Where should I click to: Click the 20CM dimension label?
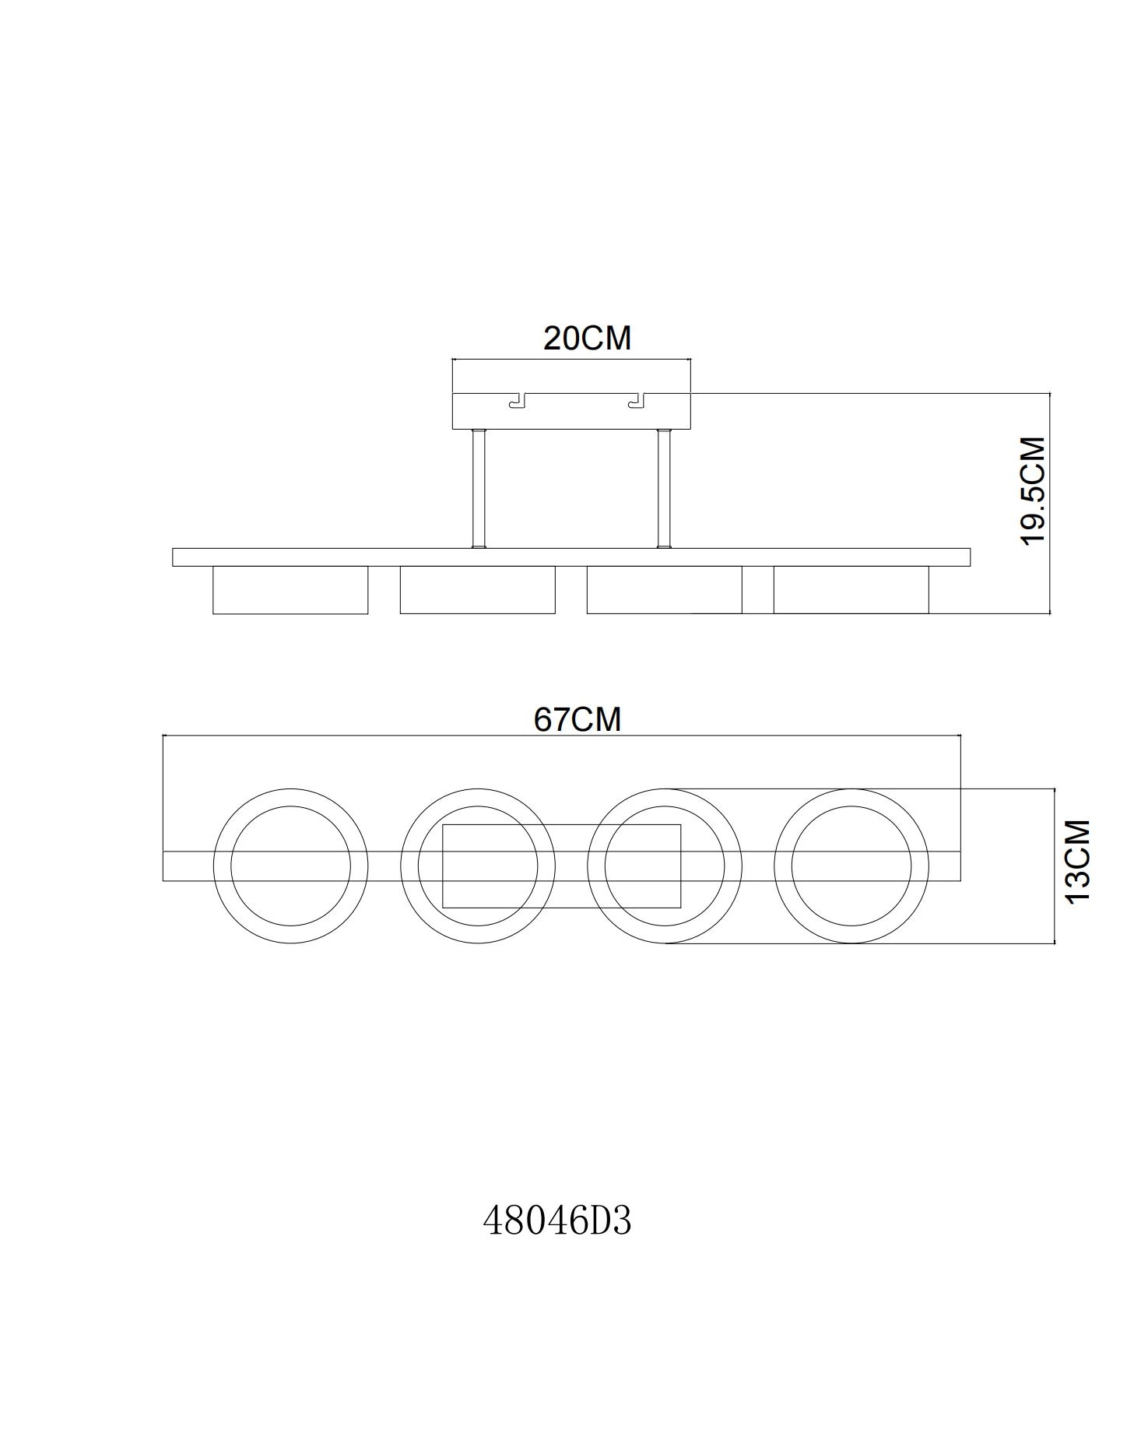click(587, 339)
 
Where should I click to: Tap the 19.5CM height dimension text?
click(1033, 491)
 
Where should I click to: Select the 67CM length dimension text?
click(578, 719)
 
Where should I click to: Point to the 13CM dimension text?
click(1078, 862)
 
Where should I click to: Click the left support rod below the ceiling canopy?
click(478, 489)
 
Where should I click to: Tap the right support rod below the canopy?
click(664, 489)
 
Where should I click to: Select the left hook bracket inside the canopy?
click(517, 400)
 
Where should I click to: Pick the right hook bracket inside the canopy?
click(637, 400)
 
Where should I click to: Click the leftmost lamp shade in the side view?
click(290, 590)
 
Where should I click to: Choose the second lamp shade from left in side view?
click(477, 590)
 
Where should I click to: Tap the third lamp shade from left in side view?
click(664, 590)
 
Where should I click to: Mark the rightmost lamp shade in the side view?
click(851, 590)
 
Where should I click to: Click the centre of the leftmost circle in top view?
click(290, 866)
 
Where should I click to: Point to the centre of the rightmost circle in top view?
click(851, 866)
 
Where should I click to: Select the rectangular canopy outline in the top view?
click(562, 866)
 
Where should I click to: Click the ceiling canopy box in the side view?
click(571, 411)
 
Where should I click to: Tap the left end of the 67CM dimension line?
click(163, 735)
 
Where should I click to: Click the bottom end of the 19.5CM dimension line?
click(1050, 613)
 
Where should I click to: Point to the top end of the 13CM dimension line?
click(1055, 788)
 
